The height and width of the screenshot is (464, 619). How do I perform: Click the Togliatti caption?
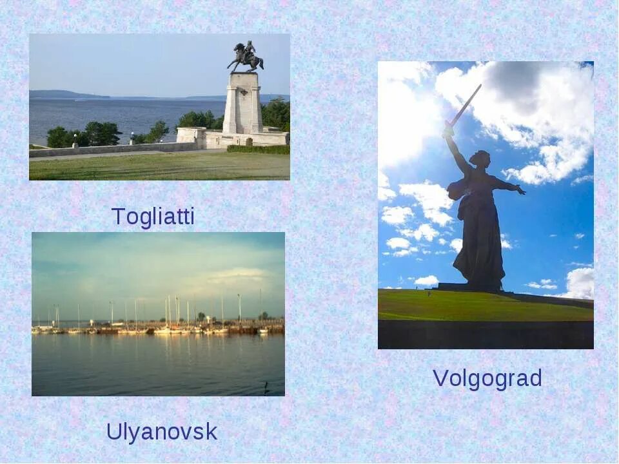tap(153, 217)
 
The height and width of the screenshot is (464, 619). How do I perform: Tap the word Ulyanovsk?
tap(162, 432)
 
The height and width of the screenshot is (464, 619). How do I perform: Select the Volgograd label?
tap(487, 378)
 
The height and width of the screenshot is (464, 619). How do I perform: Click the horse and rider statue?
tap(245, 57)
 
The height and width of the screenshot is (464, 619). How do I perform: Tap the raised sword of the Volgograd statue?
tap(464, 107)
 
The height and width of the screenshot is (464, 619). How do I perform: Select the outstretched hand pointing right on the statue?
tap(519, 189)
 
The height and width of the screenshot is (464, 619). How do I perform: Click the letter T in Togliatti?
tap(118, 217)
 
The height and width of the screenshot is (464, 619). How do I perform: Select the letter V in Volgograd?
tap(440, 378)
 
